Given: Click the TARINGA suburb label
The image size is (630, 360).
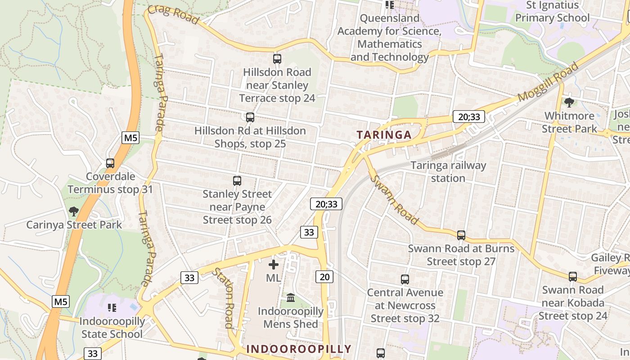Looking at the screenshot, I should click(x=384, y=135).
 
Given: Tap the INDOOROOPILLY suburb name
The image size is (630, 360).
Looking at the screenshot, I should click(x=299, y=349).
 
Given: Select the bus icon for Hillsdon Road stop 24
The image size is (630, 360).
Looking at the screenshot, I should click(x=277, y=59).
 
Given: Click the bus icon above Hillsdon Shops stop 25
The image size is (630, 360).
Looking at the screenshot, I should click(x=250, y=117).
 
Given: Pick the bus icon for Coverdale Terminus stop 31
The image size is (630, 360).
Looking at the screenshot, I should click(x=110, y=163).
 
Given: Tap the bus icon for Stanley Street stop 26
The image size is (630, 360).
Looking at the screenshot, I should click(x=237, y=181).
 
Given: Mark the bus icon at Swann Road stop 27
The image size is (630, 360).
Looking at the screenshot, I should click(x=461, y=235).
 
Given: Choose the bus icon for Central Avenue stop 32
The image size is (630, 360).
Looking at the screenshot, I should click(x=405, y=279).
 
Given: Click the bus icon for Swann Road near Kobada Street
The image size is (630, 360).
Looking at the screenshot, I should click(x=573, y=276).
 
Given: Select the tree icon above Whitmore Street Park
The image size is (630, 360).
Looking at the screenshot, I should click(x=569, y=102).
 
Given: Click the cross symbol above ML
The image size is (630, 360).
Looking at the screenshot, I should click(x=273, y=265).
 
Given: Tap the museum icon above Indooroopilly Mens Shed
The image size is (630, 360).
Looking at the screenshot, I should click(x=291, y=298).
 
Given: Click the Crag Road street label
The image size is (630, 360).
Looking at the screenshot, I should click(x=173, y=15).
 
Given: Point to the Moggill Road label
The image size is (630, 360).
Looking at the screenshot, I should click(x=548, y=82).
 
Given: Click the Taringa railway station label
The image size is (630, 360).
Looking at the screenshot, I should click(x=448, y=171).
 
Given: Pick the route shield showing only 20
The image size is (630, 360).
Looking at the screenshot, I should click(x=324, y=277).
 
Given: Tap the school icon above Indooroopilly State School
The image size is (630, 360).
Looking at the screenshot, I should click(x=112, y=308).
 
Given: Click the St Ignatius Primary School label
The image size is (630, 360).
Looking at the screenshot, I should click(x=552, y=12).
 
